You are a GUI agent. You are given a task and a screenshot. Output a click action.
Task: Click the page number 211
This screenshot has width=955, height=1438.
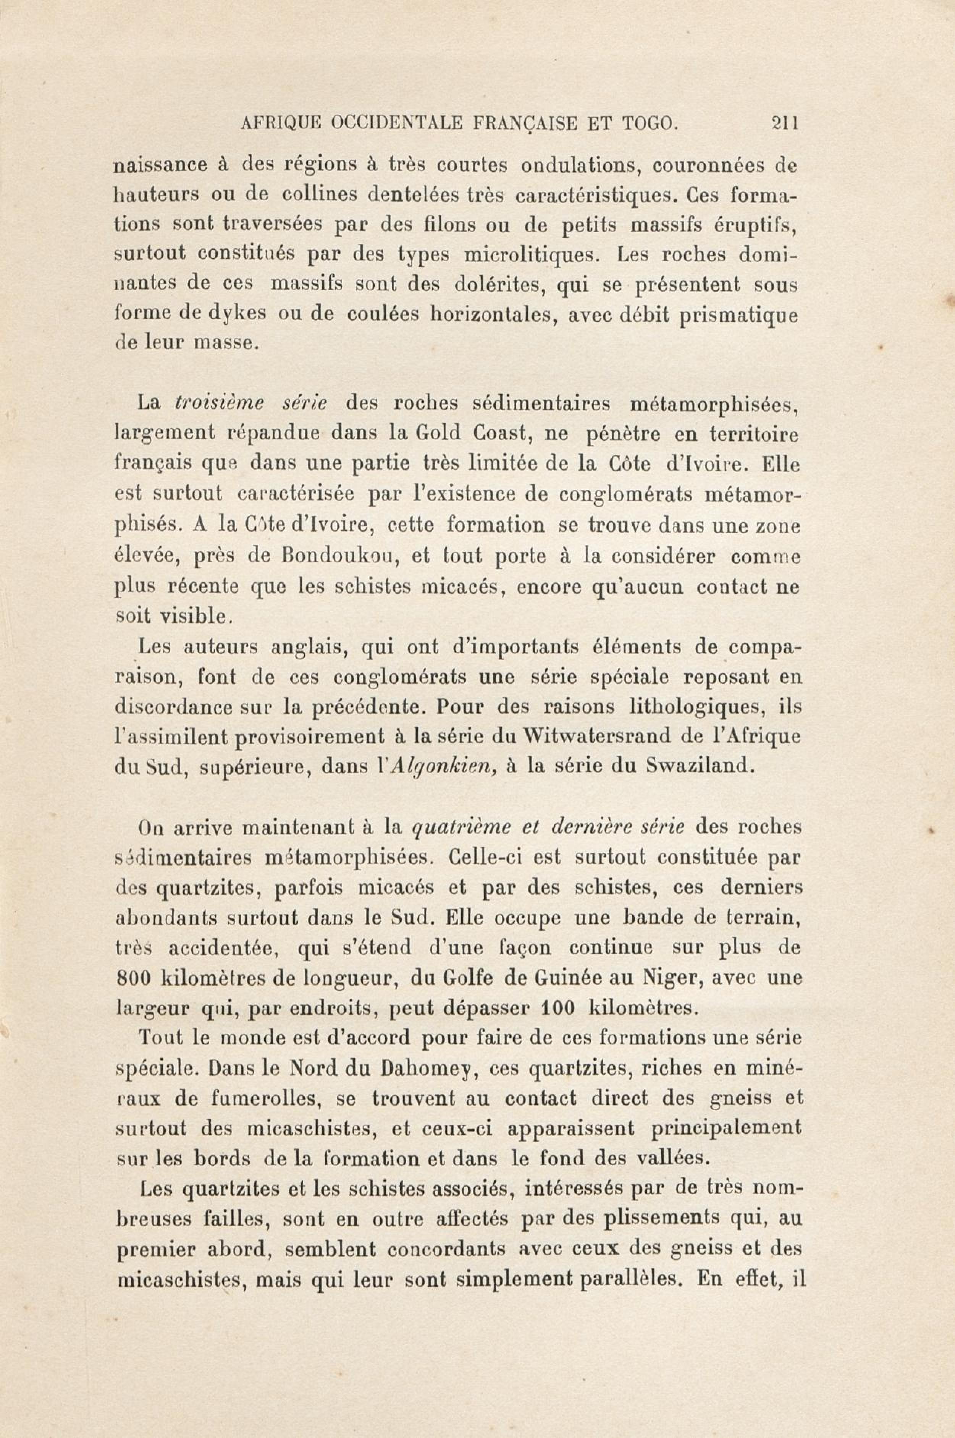[784, 124]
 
